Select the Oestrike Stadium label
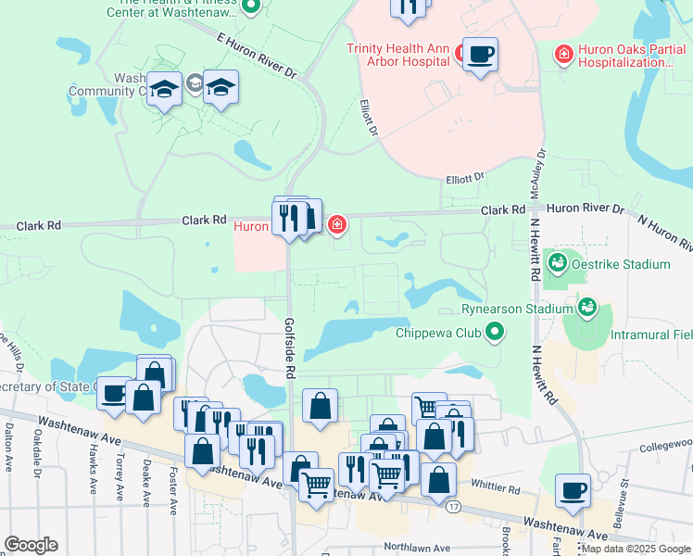click(x=620, y=264)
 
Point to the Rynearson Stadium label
click(x=517, y=309)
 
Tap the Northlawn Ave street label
click(x=417, y=548)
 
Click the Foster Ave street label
click(x=173, y=486)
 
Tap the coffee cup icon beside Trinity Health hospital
click(x=480, y=54)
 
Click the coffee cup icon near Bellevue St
click(x=573, y=489)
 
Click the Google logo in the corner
click(x=31, y=545)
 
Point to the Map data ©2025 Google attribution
click(x=636, y=549)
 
